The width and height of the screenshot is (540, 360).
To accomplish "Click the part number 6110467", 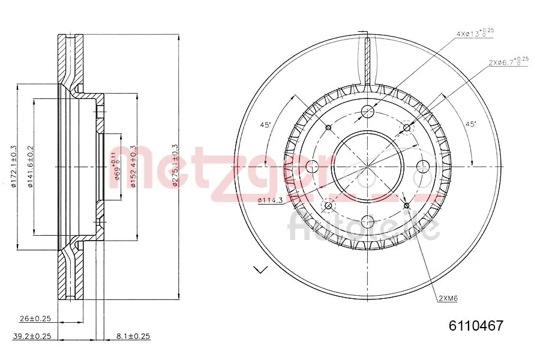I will (476, 326).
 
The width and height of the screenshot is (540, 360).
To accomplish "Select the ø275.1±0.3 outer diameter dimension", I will (175, 166).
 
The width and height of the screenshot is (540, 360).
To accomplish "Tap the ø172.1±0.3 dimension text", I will (14, 166).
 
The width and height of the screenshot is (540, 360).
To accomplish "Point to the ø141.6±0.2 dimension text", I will (29, 166).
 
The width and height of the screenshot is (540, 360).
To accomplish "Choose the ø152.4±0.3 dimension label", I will (133, 166).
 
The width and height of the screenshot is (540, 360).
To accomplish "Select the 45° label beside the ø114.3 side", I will (265, 125).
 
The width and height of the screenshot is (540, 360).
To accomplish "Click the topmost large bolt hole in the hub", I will (367, 111).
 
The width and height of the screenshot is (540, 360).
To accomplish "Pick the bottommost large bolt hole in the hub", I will (367, 223).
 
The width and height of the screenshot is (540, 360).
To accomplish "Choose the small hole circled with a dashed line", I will (406, 128).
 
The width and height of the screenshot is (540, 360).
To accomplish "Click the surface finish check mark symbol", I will (260, 269).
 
